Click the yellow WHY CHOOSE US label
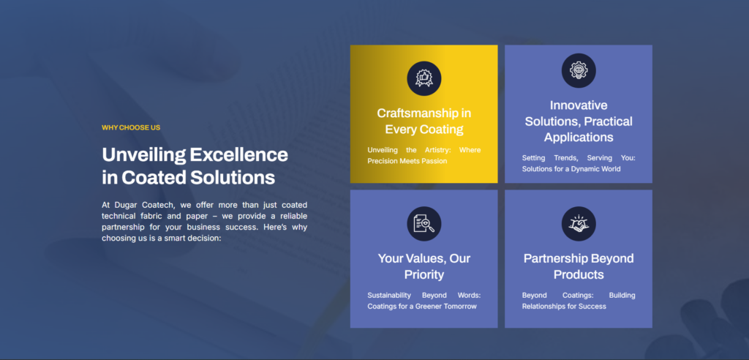coord(131,127)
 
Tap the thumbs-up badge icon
coord(424,78)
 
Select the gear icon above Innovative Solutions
coord(579,71)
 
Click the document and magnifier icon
coord(424,224)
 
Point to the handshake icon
coord(579,224)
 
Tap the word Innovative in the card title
coord(579,105)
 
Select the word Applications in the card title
coord(579,138)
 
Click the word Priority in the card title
coord(424,275)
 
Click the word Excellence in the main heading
coord(239,155)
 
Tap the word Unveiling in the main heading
coord(144,155)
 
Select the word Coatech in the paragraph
coord(159,205)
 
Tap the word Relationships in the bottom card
coord(543,307)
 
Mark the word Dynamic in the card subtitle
coord(586,169)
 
